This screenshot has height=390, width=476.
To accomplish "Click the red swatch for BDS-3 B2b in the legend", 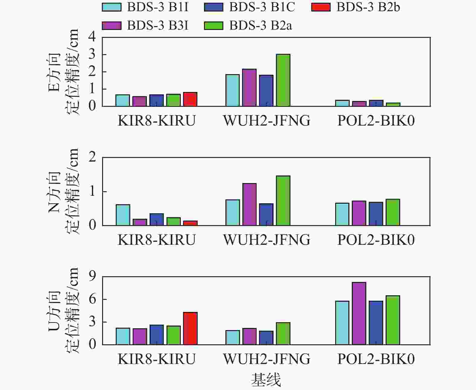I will click(321, 7).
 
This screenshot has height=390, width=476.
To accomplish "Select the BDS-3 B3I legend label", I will click(158, 25).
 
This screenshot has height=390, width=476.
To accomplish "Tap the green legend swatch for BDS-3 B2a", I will click(213, 25).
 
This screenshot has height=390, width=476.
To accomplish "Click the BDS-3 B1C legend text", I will click(262, 7).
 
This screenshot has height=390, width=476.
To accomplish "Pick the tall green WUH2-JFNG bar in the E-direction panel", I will click(283, 80).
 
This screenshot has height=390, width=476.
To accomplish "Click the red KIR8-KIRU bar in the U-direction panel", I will click(190, 329).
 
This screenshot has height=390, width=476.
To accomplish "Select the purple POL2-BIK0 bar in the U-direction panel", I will click(359, 313).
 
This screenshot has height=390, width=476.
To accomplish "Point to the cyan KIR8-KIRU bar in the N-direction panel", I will click(123, 215).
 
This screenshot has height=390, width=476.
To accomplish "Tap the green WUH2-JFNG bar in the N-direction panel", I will click(283, 201).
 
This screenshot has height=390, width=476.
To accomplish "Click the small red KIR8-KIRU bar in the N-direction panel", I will click(190, 223).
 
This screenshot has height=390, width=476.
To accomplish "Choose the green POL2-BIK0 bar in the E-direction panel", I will click(393, 105).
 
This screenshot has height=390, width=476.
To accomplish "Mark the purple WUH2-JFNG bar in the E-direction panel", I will click(249, 88).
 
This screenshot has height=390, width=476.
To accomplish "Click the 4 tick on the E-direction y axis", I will click(92, 37).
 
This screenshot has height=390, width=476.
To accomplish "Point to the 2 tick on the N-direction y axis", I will click(92, 157).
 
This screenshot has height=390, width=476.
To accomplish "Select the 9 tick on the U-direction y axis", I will click(92, 276).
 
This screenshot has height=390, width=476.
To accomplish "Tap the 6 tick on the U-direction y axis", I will click(92, 299).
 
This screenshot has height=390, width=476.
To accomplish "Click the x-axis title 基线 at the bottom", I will click(266, 380).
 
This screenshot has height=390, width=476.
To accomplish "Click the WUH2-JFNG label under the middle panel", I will click(267, 240).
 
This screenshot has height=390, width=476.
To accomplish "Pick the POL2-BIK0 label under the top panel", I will click(376, 120).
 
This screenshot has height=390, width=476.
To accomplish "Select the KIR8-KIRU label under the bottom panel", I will click(157, 359).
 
